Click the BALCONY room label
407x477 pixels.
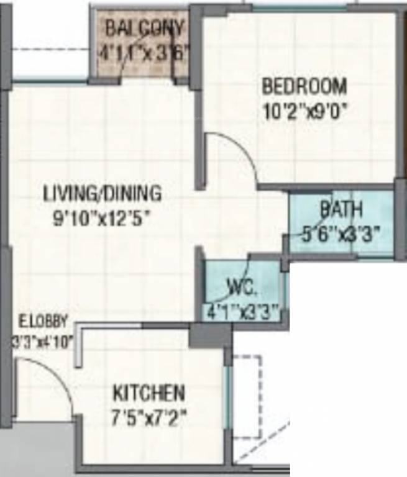[x=144, y=28]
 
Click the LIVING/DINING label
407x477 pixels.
[x=103, y=193]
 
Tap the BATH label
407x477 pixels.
[x=341, y=209]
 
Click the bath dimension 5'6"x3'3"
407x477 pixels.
[x=341, y=234]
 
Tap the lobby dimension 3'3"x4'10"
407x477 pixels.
[x=43, y=341]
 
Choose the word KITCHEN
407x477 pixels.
[x=149, y=393]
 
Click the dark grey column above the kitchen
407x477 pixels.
[x=210, y=335]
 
